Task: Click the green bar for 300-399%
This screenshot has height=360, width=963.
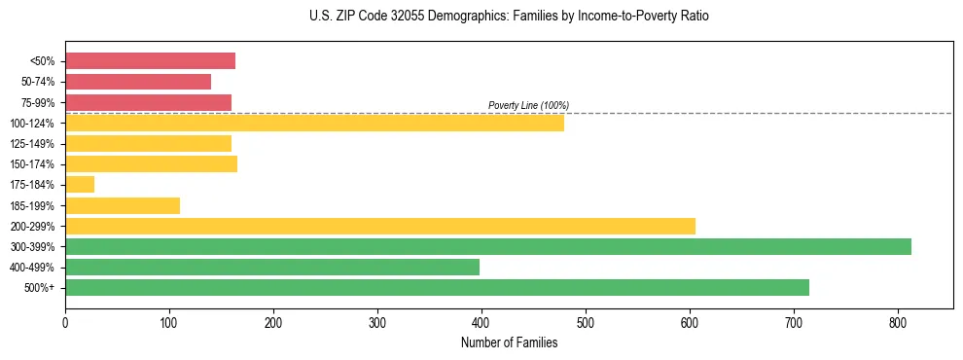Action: (x=487, y=247)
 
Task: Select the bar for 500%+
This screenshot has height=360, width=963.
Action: (x=437, y=288)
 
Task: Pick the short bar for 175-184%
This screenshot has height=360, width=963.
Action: (x=80, y=185)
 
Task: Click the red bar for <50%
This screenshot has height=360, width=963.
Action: (x=150, y=61)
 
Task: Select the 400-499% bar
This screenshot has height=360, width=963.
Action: (x=271, y=268)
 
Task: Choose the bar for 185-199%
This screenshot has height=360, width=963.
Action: (x=123, y=205)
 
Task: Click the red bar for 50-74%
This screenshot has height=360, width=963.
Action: (x=137, y=82)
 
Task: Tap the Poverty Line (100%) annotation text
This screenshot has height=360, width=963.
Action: (x=528, y=105)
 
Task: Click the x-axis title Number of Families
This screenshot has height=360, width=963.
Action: (x=509, y=342)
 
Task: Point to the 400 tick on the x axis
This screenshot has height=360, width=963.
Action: (x=481, y=323)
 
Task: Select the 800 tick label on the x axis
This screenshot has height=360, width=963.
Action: (x=898, y=323)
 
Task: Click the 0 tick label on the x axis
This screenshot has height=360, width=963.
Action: (x=65, y=323)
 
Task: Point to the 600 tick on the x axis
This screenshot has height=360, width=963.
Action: (x=690, y=323)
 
